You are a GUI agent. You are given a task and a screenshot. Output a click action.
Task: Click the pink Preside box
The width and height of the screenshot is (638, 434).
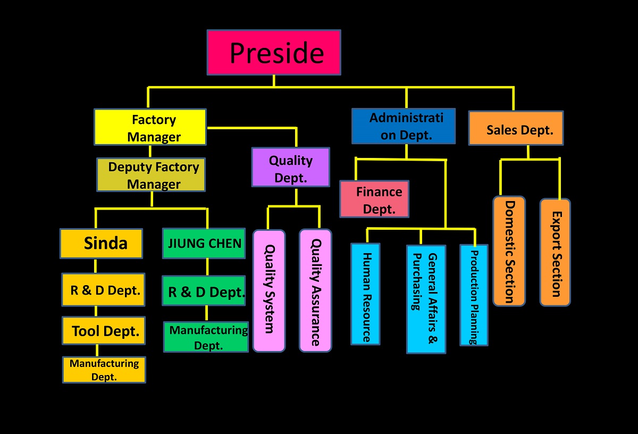click(x=274, y=52)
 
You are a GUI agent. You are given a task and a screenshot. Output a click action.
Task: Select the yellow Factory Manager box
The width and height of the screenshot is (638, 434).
click(x=150, y=127)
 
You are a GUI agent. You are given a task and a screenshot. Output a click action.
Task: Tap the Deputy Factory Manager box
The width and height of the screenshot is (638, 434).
click(x=151, y=175)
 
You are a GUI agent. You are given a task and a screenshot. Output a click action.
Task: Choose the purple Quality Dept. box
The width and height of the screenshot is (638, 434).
click(x=290, y=167)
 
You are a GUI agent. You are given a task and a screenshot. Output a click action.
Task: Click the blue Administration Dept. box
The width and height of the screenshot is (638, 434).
click(x=404, y=126)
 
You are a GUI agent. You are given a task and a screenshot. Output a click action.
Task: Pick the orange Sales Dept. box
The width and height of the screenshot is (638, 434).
click(x=516, y=128)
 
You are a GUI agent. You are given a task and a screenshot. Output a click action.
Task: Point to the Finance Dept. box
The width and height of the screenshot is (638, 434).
click(x=374, y=199)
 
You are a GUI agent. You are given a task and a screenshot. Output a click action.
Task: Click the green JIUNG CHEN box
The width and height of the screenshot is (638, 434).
click(x=204, y=244)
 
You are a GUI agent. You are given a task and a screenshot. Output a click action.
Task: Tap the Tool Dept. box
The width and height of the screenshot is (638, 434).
click(x=104, y=331)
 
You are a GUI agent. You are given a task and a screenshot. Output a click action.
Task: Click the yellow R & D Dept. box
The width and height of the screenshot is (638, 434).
click(x=103, y=290)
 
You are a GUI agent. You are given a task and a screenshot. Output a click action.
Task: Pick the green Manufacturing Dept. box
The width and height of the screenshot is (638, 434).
click(x=206, y=337)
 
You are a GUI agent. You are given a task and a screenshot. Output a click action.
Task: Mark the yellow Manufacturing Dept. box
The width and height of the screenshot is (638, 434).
click(x=104, y=370)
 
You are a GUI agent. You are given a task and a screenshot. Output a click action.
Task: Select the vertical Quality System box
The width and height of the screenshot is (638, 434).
click(x=268, y=290)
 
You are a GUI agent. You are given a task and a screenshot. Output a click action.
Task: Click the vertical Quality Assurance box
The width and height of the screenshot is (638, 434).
click(x=315, y=290)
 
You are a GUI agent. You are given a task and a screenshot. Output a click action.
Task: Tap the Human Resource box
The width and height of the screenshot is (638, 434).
click(x=365, y=294)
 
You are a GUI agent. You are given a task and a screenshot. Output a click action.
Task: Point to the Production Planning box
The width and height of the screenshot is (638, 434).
click(x=474, y=295)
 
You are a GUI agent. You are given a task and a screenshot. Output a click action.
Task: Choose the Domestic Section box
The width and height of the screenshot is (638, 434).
click(x=509, y=251)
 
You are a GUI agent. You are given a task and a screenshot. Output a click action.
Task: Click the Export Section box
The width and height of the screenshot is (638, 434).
click(x=555, y=252)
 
